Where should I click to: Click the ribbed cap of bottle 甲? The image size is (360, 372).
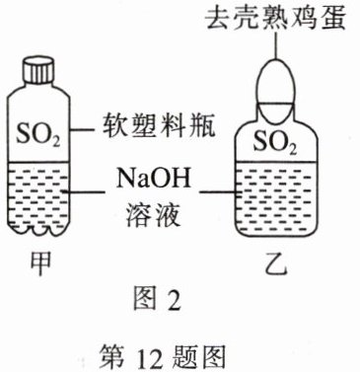[38, 70]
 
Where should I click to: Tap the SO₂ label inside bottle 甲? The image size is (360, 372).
[38, 134]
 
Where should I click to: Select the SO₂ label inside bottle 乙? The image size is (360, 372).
[275, 143]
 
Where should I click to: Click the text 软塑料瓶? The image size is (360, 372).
[159, 126]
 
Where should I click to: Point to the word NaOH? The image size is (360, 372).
[153, 179]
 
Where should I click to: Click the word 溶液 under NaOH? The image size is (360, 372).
[153, 214]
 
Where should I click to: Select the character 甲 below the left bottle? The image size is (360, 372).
[40, 263]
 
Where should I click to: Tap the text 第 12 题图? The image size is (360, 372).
[163, 357]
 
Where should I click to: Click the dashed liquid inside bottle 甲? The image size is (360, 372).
[38, 196]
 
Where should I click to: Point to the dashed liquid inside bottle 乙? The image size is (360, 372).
[275, 197]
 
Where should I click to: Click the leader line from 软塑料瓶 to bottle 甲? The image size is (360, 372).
[83, 129]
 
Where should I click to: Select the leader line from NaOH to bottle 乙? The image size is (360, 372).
[219, 191]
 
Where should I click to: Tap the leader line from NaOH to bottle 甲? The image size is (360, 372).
[84, 191]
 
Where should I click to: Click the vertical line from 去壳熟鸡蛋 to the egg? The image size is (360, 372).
[275, 45]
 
